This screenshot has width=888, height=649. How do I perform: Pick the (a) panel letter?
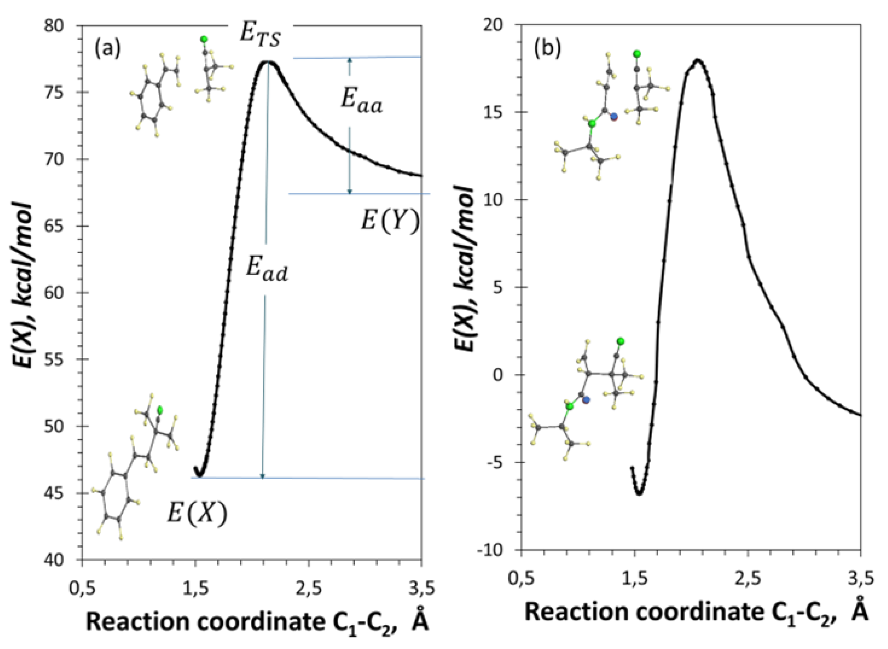pyautogui.click(x=107, y=50)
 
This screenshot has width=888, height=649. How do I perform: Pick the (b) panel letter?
pyautogui.click(x=547, y=49)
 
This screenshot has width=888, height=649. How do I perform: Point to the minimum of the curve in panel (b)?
pyautogui.click(x=640, y=493)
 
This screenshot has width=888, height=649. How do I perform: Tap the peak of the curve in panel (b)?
pyautogui.click(x=698, y=60)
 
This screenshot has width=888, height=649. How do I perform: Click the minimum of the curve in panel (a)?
pyautogui.click(x=199, y=476)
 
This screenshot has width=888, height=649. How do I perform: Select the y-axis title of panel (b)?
pyautogui.click(x=464, y=270)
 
